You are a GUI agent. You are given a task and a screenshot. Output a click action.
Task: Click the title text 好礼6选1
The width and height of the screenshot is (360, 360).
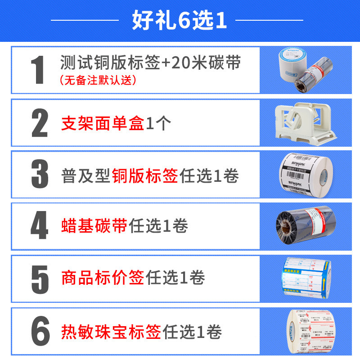(180, 21)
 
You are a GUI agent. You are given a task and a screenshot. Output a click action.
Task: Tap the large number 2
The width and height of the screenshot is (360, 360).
(40, 122)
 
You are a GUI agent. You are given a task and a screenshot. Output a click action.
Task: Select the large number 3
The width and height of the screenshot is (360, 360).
(40, 174)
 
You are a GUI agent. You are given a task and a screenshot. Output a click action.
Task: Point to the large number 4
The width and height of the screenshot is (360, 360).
(40, 226)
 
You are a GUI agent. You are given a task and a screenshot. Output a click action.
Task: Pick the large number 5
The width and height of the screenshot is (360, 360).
(40, 279)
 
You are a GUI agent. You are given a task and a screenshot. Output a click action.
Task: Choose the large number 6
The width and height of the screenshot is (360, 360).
(40, 331)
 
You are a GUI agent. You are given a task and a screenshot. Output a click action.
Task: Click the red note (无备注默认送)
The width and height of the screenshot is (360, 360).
(98, 81)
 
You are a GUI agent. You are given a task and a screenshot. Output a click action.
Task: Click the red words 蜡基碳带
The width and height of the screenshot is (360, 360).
(94, 226)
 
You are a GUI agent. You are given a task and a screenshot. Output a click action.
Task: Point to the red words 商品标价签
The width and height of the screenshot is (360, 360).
(102, 278)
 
